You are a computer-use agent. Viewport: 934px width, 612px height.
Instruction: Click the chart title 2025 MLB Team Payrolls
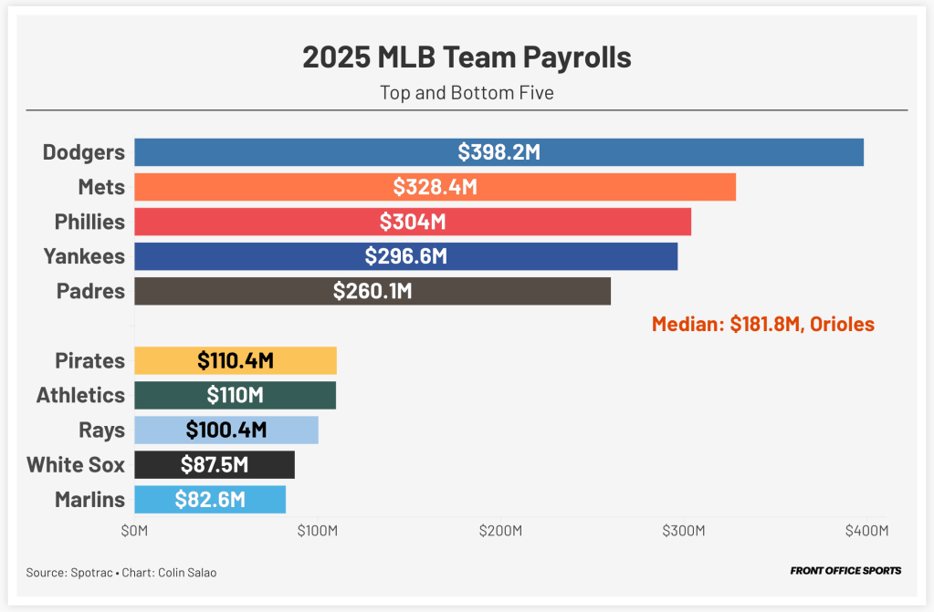(x=467, y=57)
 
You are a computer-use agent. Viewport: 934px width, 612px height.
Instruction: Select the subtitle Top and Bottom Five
(x=467, y=92)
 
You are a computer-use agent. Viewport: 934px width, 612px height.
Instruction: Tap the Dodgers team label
(x=84, y=152)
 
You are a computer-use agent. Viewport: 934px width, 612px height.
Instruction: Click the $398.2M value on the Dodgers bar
(x=498, y=152)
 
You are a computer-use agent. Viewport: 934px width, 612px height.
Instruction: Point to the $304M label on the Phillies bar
(x=413, y=222)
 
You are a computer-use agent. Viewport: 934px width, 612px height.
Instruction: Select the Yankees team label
(x=84, y=256)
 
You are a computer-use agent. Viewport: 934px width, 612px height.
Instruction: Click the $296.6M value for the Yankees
(x=405, y=256)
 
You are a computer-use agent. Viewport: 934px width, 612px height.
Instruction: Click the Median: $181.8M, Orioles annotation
(x=762, y=324)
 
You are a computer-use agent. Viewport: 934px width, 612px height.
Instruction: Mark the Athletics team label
(x=80, y=395)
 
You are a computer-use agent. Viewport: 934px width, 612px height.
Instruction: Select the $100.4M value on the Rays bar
(x=226, y=430)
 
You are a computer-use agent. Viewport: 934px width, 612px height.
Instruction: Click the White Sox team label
(x=76, y=464)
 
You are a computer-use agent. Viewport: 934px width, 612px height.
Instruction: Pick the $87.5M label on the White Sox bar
(x=214, y=464)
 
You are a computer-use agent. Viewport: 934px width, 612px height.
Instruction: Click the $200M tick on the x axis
(x=500, y=531)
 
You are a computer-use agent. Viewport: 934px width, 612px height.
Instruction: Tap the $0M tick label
(x=134, y=531)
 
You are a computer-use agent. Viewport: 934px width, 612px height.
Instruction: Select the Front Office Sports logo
(x=845, y=571)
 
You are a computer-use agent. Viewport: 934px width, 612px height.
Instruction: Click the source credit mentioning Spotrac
(x=121, y=572)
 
